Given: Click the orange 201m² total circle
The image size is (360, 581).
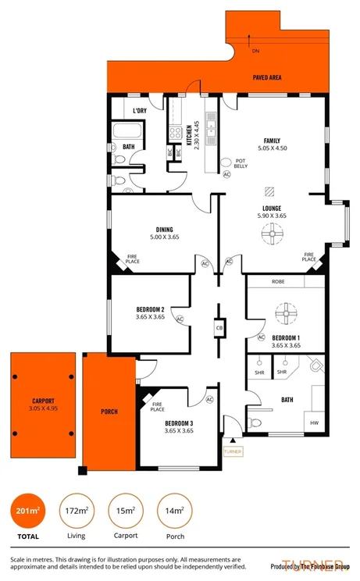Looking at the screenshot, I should point(27,511).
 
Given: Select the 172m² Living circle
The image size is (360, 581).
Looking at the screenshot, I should point(77,511).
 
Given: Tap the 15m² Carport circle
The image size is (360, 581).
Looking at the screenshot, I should point(126,511).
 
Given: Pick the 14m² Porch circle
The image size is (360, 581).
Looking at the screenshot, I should point(175,511).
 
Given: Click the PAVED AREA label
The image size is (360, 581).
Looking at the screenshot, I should point(266,78).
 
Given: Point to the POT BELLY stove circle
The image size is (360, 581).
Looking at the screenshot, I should point(227,162).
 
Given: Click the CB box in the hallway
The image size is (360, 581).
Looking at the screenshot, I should point(219,329).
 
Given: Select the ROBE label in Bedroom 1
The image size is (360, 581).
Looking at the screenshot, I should point(278,281).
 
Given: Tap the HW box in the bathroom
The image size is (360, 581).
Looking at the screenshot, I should point(315,423).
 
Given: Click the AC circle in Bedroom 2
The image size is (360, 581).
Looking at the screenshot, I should point(179,319).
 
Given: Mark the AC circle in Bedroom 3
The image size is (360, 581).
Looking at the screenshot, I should point(209,400).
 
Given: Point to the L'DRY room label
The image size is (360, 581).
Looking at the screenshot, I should point(140,111).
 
